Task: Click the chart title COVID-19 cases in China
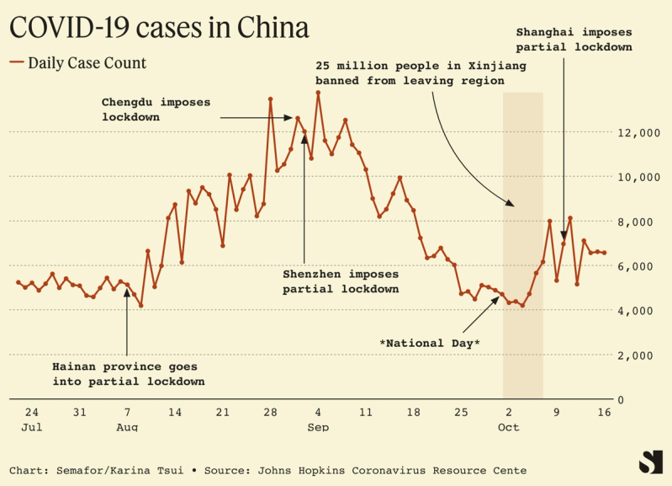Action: [159, 29]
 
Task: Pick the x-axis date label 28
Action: [270, 413]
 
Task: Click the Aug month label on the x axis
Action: [127, 428]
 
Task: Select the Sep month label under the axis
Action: [318, 428]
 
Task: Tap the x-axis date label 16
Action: [604, 413]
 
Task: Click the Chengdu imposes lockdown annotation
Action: [156, 109]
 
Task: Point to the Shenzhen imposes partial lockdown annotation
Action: [340, 281]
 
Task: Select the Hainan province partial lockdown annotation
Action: [128, 374]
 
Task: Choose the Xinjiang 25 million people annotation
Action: [410, 72]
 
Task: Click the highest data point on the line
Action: [318, 93]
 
